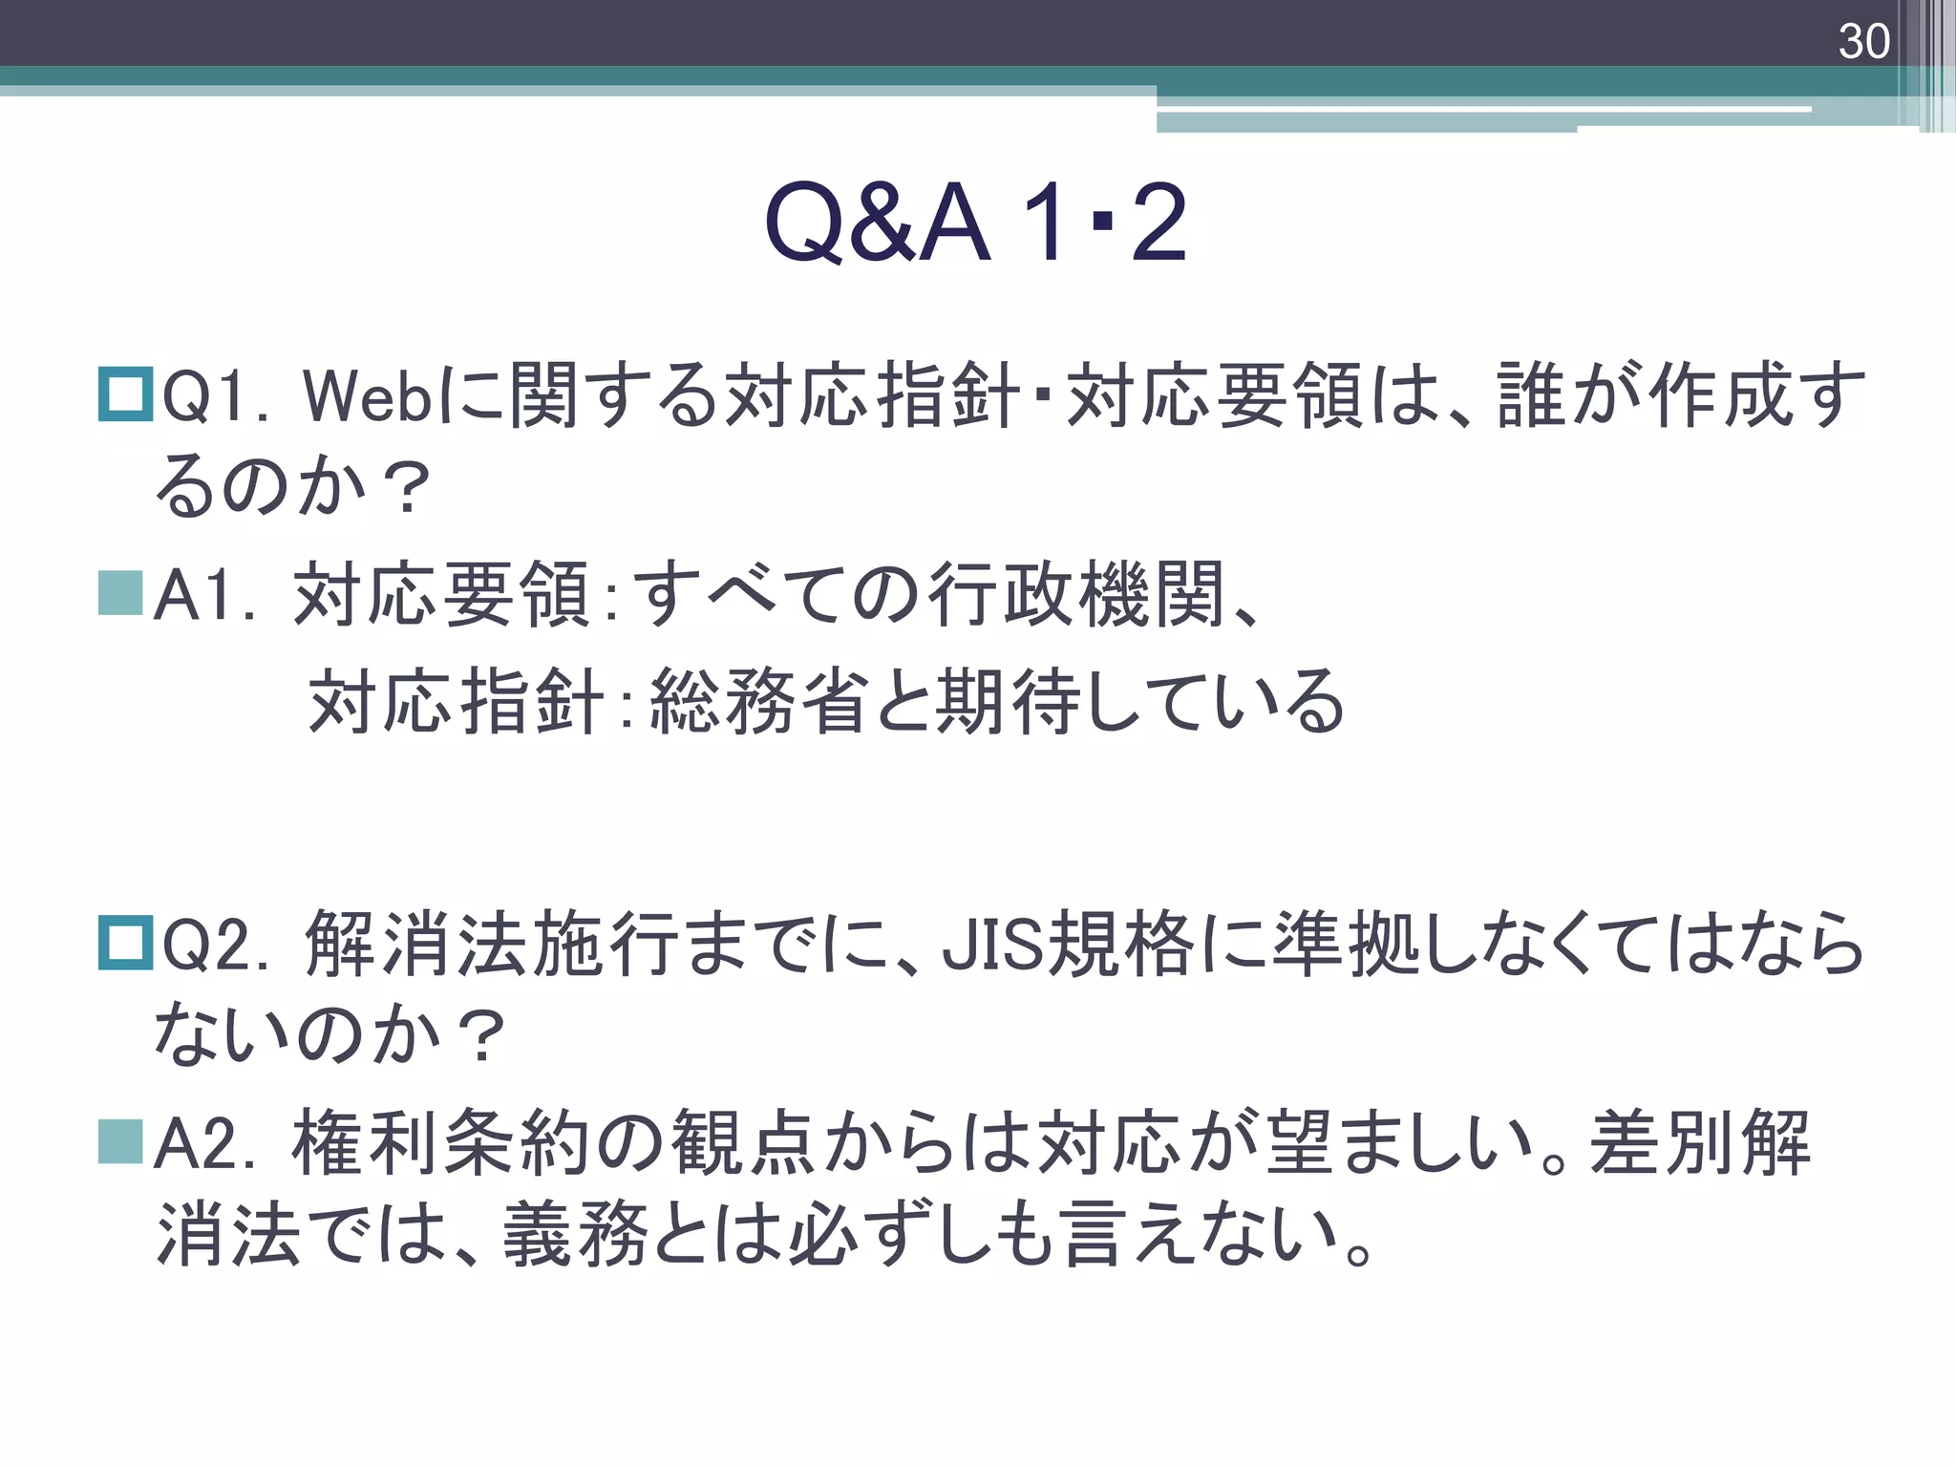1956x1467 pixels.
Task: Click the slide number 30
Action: click(1863, 42)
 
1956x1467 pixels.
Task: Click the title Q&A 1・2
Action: click(976, 223)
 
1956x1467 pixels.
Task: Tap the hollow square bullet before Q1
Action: click(125, 394)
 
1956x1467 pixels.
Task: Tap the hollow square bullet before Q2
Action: click(125, 943)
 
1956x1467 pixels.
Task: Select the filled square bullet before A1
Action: click(121, 593)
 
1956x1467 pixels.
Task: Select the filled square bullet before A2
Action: click(121, 1142)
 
